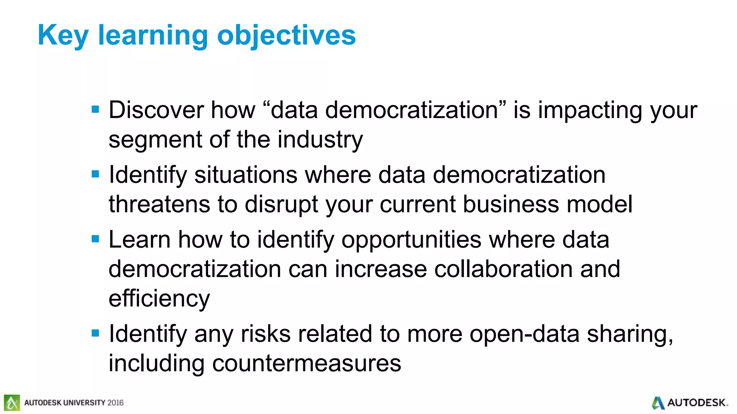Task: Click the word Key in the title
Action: (x=63, y=36)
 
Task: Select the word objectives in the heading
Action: (x=286, y=36)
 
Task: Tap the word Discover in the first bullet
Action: (x=156, y=110)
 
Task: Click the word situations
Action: (x=246, y=175)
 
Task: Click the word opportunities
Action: (x=411, y=240)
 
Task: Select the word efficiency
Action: (x=159, y=299)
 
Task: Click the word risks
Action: (x=266, y=334)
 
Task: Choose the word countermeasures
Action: (x=307, y=363)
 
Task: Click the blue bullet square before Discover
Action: (x=95, y=109)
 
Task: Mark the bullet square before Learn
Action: (x=95, y=239)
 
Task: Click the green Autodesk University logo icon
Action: (x=12, y=402)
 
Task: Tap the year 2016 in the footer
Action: (x=115, y=403)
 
